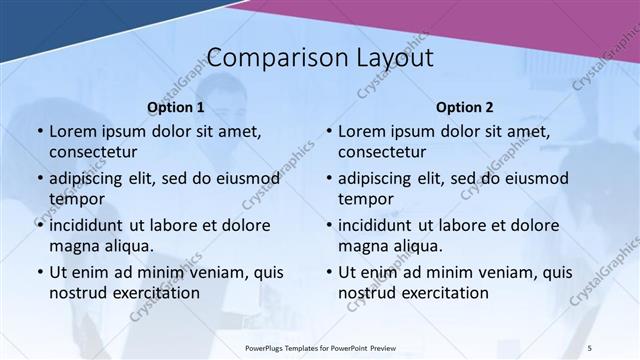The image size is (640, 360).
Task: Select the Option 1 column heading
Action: (175, 107)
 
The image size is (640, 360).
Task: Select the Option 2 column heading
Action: (464, 107)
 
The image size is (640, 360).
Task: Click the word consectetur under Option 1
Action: (93, 152)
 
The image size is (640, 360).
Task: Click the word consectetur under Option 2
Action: (382, 152)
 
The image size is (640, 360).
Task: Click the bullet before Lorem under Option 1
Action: (39, 132)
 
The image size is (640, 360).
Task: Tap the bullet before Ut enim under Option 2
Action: (328, 272)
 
